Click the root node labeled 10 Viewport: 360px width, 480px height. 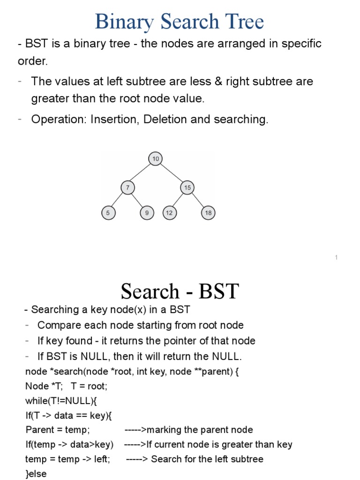coord(156,159)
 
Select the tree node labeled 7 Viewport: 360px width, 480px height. coord(127,188)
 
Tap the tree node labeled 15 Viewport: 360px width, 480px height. coord(187,188)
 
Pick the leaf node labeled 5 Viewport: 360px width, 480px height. coord(108,213)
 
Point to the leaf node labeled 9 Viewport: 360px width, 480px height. coord(147,213)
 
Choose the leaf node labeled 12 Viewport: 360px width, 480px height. coord(169,213)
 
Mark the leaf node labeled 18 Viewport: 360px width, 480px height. coord(208,213)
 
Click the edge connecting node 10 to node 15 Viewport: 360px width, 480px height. coord(172,173)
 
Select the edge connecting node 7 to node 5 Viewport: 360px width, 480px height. coord(118,201)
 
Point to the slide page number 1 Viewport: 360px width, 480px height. coord(337,257)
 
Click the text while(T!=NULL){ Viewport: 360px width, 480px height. coord(61,401)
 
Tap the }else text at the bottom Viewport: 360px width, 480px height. coord(36,473)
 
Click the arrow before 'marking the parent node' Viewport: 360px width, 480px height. coord(136,430)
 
